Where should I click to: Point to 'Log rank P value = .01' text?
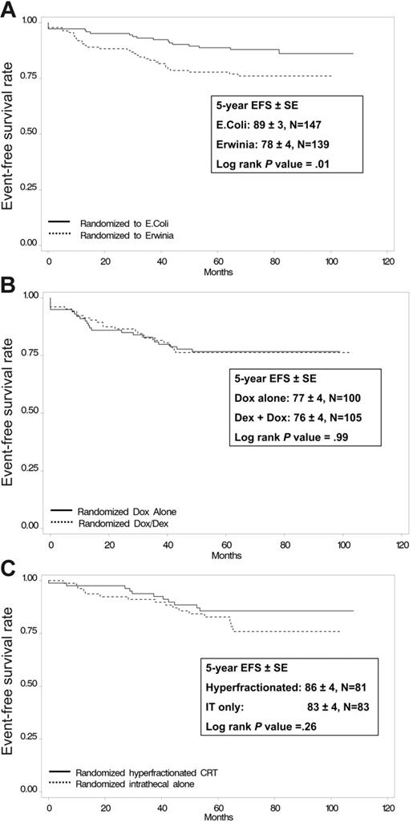[x=272, y=164]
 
